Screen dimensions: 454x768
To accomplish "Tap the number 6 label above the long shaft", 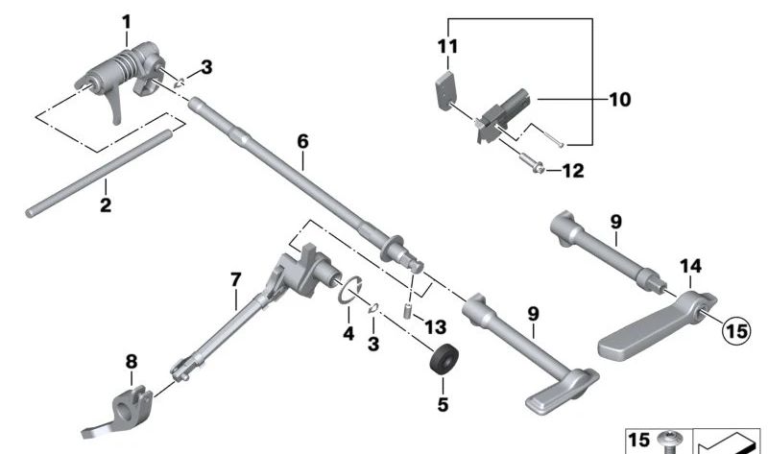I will pos(302,141).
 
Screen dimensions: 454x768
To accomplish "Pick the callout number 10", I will pos(619,99).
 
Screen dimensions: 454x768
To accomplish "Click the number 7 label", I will pos(234,279).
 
